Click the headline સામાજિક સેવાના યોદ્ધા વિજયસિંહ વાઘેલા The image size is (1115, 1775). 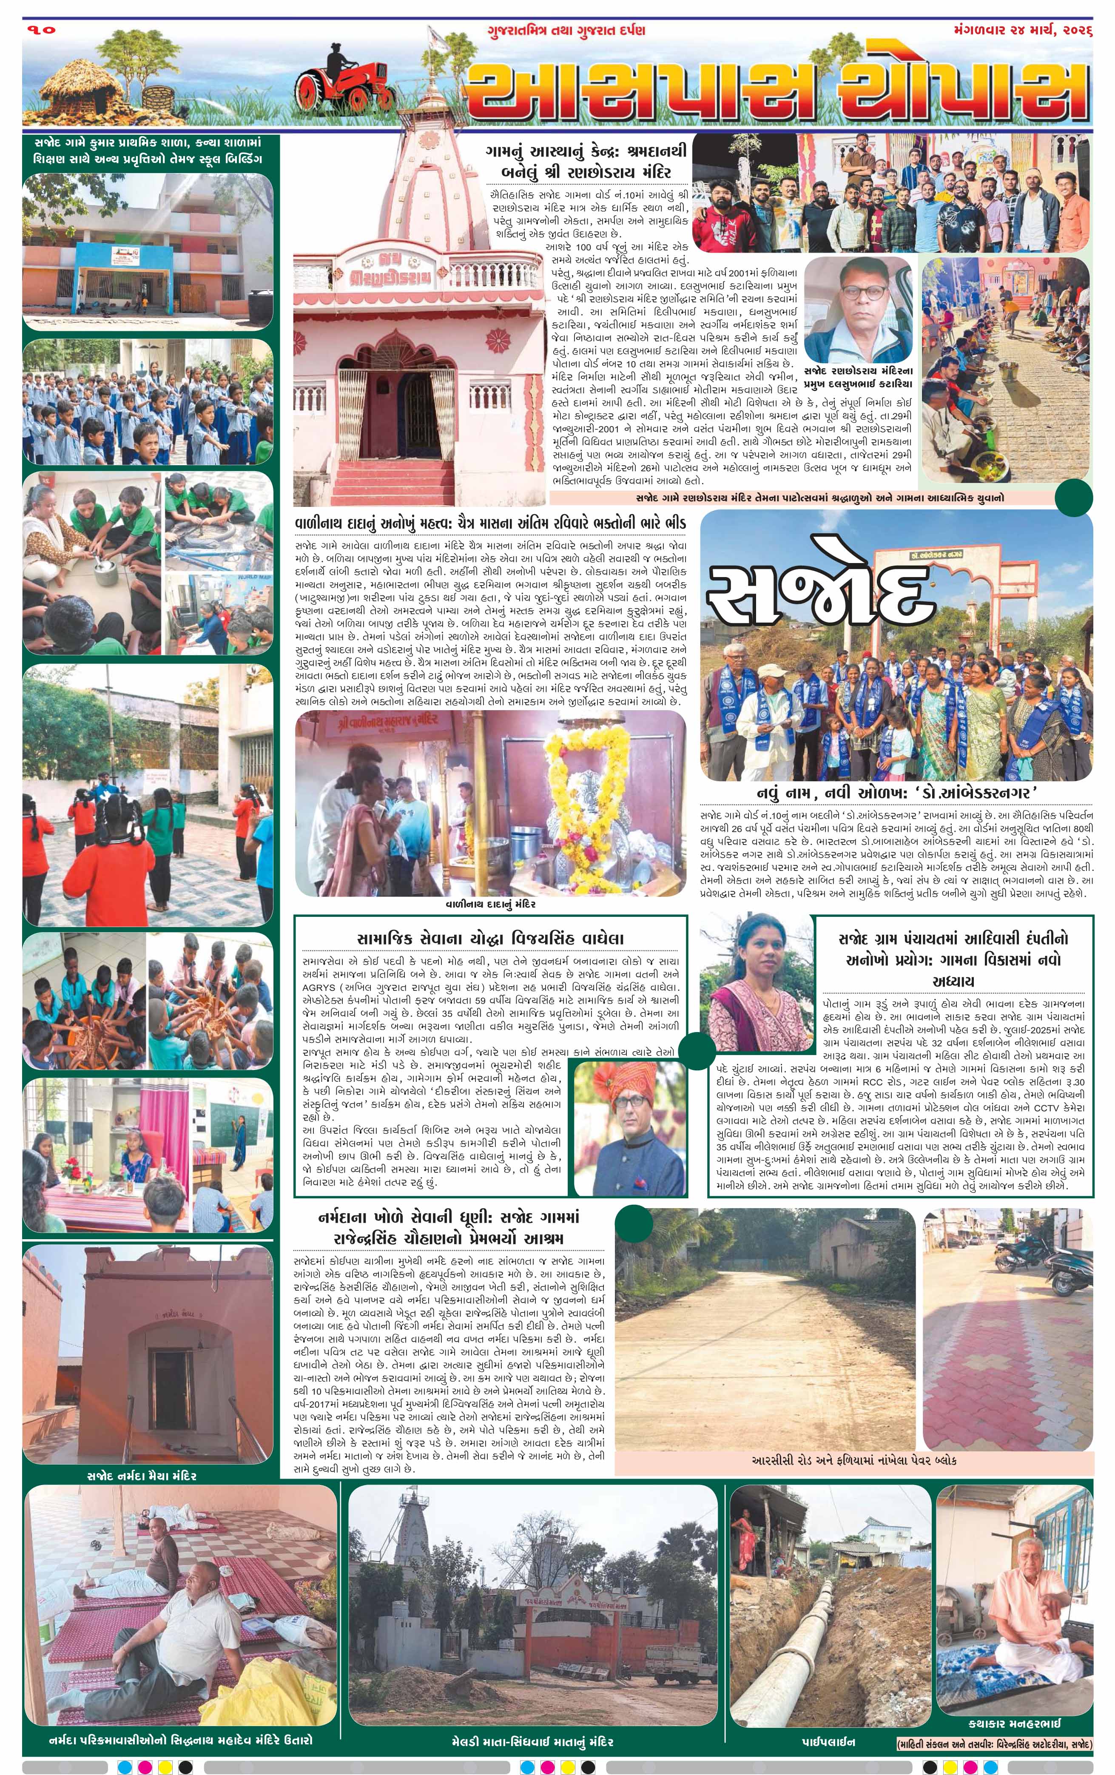[x=490, y=939]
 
